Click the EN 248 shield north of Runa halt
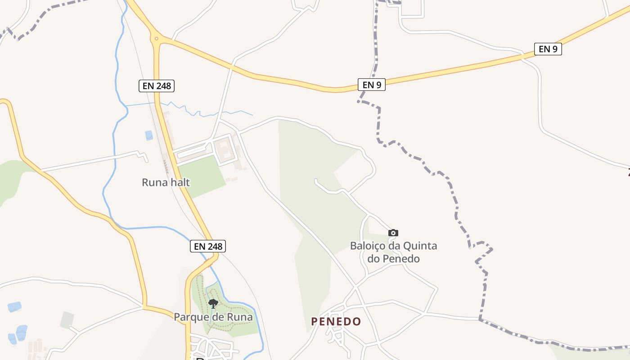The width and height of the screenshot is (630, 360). [156, 85]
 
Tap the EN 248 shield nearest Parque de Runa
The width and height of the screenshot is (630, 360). [207, 246]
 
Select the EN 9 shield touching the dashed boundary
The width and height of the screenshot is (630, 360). [372, 85]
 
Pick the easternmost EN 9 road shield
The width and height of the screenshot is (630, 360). [548, 49]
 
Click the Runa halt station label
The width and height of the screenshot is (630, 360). [166, 182]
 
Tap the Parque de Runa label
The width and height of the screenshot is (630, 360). [213, 317]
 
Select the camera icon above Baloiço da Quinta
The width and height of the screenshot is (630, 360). [393, 233]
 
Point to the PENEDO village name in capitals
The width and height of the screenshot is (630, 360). [336, 321]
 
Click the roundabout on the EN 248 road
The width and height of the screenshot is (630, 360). [157, 39]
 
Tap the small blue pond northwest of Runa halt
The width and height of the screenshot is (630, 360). [148, 135]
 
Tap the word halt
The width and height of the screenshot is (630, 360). [180, 182]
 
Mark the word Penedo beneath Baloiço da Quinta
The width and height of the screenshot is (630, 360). [400, 259]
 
